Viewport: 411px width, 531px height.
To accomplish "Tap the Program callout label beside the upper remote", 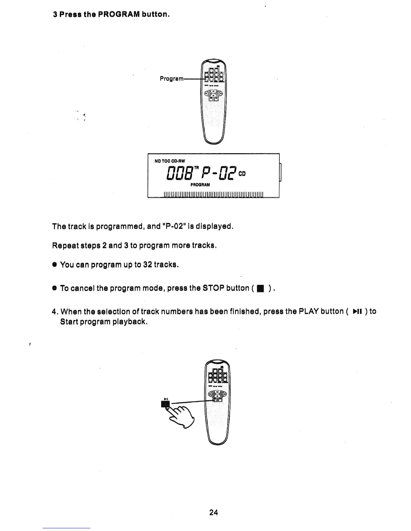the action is coord(171,79).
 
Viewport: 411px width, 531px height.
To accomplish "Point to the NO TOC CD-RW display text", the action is coord(170,161).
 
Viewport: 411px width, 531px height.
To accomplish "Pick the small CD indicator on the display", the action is coord(242,174).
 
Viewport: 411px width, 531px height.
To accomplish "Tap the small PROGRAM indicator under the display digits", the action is coord(200,185).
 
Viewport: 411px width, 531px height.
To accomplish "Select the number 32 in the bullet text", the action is coord(148,264).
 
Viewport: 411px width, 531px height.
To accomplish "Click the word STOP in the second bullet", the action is coord(214,288).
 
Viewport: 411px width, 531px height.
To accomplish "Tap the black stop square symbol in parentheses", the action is coord(260,289).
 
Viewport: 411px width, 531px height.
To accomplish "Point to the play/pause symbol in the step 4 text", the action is coord(357,312).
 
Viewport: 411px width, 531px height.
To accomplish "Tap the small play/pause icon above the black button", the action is coord(166,399).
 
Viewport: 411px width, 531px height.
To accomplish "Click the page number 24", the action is coord(214,512).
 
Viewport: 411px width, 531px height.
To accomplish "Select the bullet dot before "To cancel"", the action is coord(54,288).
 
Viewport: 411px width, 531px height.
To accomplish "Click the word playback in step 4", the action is coord(130,322).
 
